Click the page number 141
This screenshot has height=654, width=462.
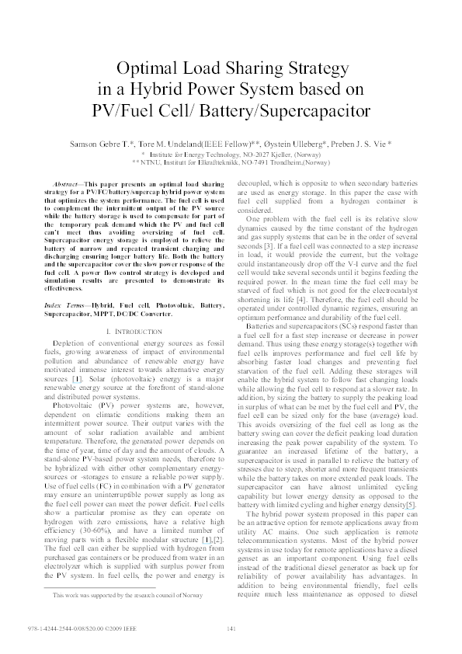(230, 628)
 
